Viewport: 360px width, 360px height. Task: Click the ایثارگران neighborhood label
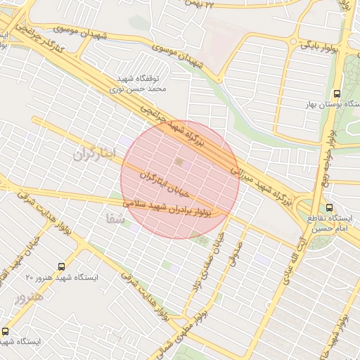pyautogui.click(x=93, y=153)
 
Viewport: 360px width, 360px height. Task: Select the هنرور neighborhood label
pyautogui.click(x=28, y=297)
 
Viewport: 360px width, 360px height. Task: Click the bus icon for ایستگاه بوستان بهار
pyautogui.click(x=337, y=93)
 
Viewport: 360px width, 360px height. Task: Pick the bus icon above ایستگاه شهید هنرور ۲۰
pyautogui.click(x=62, y=266)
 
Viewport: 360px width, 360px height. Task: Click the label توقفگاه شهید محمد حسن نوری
pyautogui.click(x=139, y=84)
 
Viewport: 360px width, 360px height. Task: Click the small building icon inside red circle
pyautogui.click(x=179, y=163)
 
